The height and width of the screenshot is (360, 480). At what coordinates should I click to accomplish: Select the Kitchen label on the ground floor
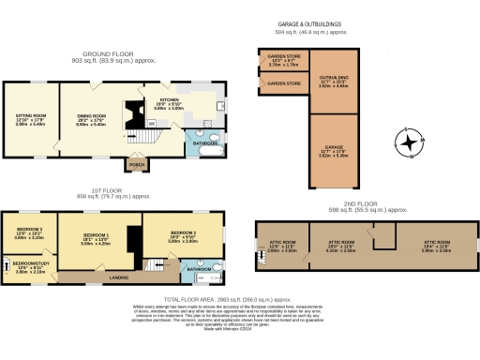click(x=169, y=99)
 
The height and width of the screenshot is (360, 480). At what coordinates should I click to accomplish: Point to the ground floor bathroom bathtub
click(x=205, y=148)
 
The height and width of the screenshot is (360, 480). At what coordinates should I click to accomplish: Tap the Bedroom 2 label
click(x=182, y=232)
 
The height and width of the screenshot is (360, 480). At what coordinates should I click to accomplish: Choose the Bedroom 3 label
click(x=29, y=229)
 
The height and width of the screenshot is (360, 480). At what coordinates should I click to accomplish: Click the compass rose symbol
click(x=410, y=143)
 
